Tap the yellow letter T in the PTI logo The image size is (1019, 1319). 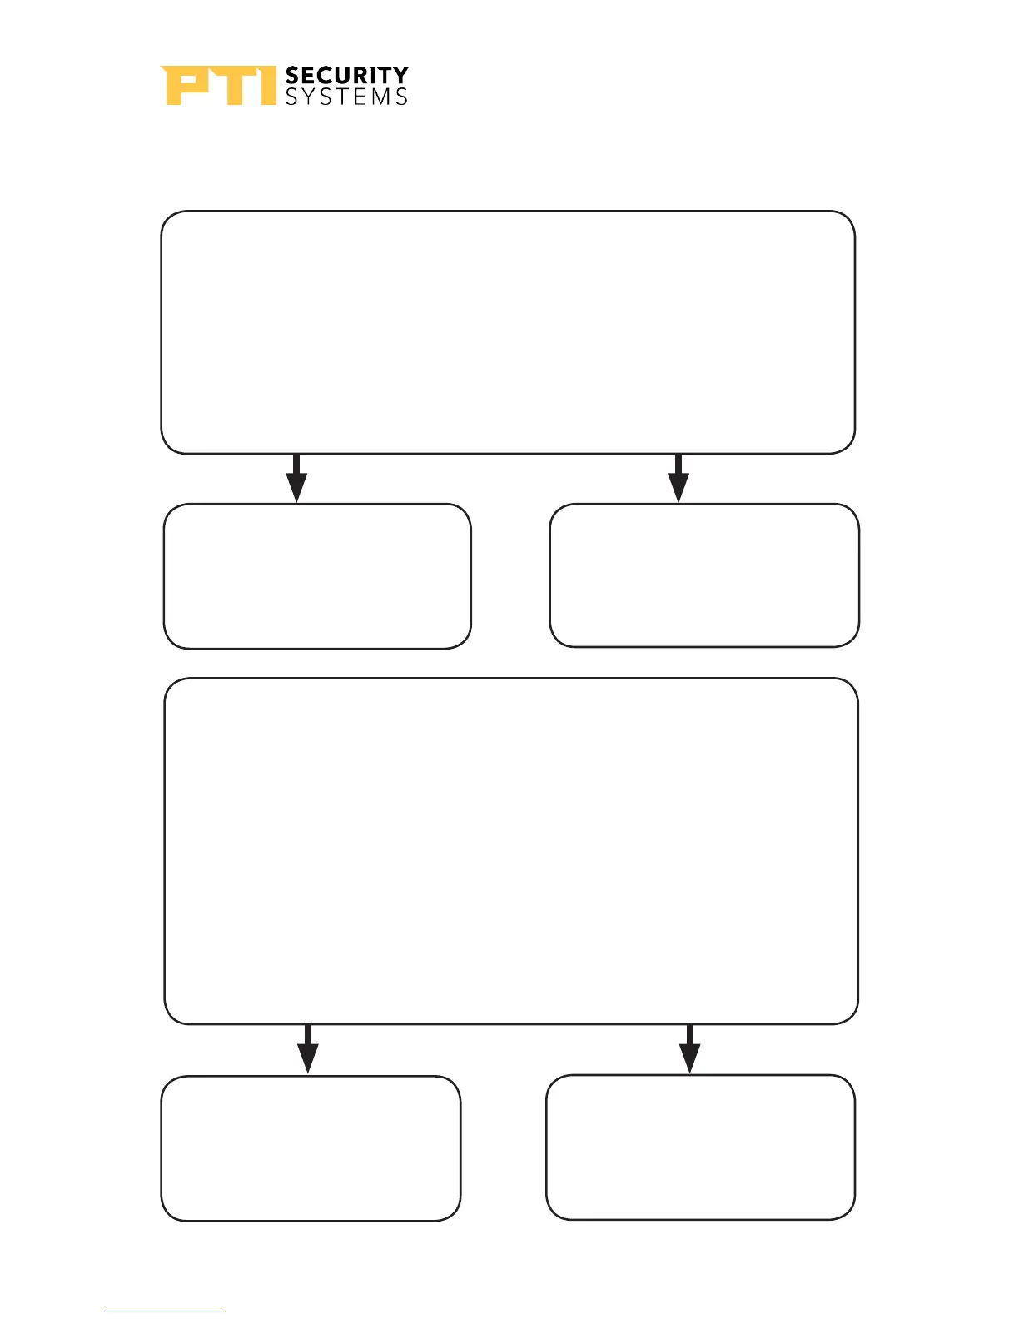click(230, 86)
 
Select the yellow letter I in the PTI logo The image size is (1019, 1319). click(266, 86)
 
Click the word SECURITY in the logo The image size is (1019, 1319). click(346, 76)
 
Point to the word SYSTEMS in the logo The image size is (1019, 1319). click(346, 97)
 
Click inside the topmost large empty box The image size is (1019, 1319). click(508, 332)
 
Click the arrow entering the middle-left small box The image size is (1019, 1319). click(296, 479)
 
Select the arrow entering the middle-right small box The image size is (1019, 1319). click(679, 479)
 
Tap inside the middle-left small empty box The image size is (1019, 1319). click(317, 575)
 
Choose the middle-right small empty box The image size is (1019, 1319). click(704, 575)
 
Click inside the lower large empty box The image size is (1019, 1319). click(511, 850)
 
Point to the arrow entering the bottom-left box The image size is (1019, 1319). click(308, 1049)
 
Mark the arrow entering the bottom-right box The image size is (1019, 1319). click(689, 1049)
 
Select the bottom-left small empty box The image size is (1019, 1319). click(311, 1148)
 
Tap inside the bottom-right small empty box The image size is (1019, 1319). click(700, 1147)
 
